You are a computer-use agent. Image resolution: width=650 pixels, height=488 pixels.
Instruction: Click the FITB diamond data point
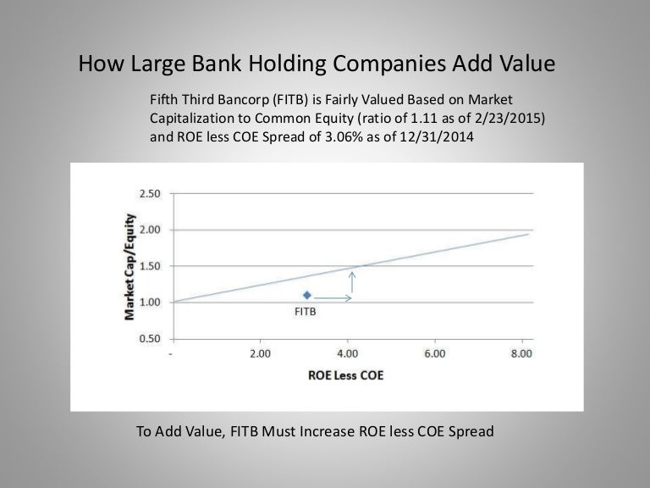tap(307, 295)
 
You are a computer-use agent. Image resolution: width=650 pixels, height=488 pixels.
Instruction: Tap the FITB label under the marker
tap(305, 312)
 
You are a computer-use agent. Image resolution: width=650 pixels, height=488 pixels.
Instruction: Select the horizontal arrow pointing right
tap(333, 298)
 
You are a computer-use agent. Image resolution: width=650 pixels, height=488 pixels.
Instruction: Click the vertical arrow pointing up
tap(352, 282)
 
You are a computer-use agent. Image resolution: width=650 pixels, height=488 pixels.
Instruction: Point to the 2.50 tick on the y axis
tap(150, 194)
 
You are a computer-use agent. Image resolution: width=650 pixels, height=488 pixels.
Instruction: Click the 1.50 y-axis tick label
tap(150, 266)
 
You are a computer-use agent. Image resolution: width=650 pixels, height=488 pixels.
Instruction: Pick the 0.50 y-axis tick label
tap(150, 339)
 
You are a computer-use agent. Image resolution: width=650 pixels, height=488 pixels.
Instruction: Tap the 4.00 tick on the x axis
tap(347, 353)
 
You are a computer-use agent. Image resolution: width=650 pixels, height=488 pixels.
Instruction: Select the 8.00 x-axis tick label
tap(521, 353)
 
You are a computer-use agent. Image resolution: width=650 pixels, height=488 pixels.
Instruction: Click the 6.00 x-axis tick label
tap(435, 353)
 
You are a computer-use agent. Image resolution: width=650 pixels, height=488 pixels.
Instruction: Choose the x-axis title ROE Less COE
tap(345, 375)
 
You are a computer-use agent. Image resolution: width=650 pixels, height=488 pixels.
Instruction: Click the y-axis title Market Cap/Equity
tap(129, 267)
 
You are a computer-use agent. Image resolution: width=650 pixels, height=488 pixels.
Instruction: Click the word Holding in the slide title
tap(287, 64)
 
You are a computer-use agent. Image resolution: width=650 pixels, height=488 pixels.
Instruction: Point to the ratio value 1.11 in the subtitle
tap(424, 119)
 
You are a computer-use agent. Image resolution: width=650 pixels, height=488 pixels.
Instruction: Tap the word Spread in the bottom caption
tap(471, 432)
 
